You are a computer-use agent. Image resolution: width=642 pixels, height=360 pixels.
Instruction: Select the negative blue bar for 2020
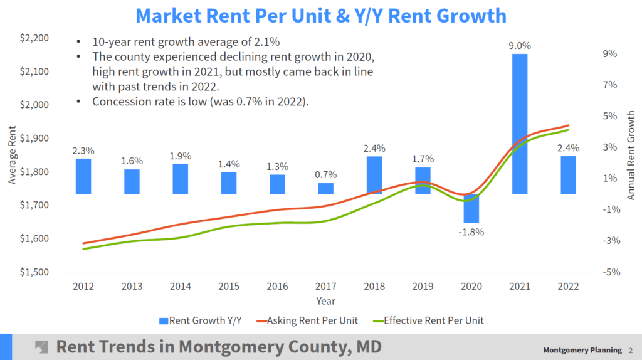tap(471, 208)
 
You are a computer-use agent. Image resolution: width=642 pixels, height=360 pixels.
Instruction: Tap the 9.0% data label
tap(520, 45)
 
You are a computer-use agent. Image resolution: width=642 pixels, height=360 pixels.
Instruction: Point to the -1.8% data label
tap(471, 231)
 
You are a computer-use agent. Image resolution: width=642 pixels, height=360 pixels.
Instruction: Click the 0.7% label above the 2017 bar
tap(326, 174)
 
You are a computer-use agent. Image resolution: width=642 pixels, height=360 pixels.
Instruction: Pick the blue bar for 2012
tap(83, 176)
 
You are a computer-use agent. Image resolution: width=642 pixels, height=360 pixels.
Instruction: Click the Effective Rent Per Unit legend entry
tap(427, 320)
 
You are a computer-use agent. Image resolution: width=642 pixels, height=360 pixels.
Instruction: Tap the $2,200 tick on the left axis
tap(34, 38)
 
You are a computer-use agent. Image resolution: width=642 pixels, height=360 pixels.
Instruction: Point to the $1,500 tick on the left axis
tap(34, 272)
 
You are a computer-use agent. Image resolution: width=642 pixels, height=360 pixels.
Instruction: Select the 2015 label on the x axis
tap(229, 286)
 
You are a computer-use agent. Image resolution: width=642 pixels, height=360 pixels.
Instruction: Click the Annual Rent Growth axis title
tap(631, 156)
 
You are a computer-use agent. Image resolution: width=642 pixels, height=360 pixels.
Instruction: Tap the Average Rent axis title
tap(13, 156)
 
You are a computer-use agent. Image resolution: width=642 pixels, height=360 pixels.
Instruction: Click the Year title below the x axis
tap(325, 301)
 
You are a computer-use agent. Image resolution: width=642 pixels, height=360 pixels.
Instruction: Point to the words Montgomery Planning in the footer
tap(582, 350)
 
